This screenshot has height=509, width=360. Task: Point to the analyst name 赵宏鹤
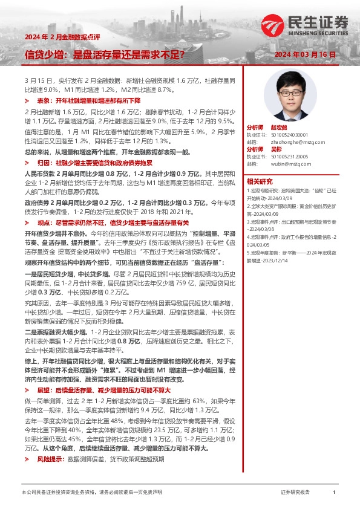click(x=278, y=128)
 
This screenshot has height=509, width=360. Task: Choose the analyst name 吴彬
click(x=275, y=149)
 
